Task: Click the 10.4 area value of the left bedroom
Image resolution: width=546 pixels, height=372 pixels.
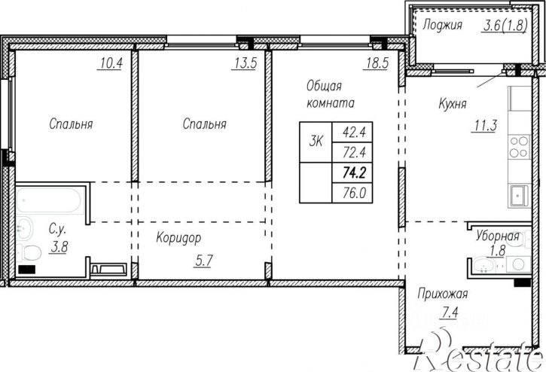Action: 111,63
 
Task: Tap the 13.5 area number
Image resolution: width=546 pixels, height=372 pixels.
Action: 246,63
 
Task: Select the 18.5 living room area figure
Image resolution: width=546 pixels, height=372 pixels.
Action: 377,63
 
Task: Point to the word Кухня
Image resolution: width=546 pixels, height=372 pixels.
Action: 453,104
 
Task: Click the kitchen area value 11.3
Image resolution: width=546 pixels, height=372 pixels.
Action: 486,126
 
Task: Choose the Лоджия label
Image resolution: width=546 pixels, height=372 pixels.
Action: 442,25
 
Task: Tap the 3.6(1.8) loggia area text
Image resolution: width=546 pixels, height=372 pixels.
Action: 505,25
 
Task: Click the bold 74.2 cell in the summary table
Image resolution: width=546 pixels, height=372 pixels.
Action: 352,172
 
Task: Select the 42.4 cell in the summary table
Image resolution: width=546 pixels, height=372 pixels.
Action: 352,132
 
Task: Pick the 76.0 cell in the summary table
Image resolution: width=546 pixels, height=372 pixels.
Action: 352,193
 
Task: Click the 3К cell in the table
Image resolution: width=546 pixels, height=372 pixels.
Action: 316,142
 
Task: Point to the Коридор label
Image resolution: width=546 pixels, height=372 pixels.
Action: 178,238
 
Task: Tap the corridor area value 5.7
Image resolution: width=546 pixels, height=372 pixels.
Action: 203,261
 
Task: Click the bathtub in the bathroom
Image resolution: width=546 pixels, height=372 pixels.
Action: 49,200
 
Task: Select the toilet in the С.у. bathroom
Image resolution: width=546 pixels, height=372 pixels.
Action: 29,252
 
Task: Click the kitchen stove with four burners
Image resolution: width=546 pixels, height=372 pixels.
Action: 519,147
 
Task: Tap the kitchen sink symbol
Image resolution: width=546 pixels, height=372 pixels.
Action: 520,197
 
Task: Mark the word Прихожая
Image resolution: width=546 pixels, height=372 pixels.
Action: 442,294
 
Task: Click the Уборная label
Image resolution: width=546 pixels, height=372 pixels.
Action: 497,236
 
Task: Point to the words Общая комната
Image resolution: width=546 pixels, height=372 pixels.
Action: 331,94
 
